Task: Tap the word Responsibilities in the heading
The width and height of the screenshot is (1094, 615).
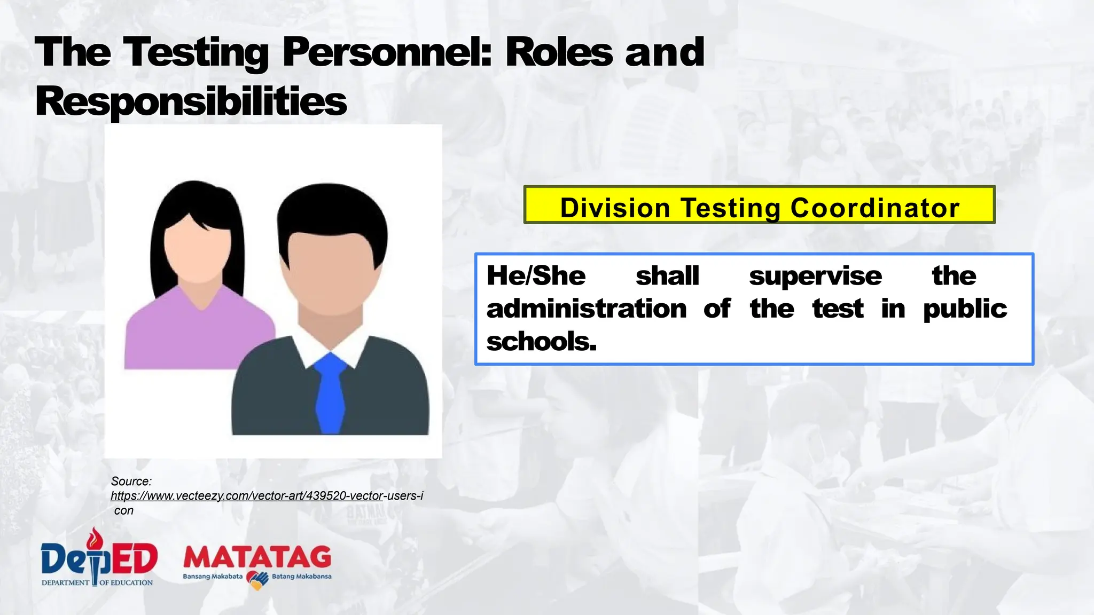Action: pos(191,101)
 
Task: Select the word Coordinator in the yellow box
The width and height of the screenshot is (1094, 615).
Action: pos(874,208)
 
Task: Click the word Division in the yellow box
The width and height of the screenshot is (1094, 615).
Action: pos(615,208)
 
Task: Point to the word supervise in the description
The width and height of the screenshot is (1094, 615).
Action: pos(815,276)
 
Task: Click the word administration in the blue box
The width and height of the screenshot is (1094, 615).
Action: pos(587,309)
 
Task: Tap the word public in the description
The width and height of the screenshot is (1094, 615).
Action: pos(965,309)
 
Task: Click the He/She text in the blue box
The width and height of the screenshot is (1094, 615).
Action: pos(536,276)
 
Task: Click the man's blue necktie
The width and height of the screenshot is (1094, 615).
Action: pos(330,392)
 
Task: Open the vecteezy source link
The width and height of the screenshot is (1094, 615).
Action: pos(267,496)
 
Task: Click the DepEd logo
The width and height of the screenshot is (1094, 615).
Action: pos(99,558)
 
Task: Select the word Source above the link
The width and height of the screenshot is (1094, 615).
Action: pos(131,481)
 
